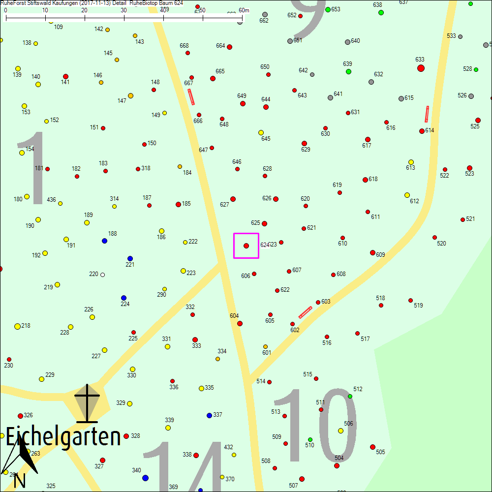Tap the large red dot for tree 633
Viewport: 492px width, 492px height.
421,68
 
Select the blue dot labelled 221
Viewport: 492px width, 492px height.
130,258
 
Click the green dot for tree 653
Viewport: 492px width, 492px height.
328,9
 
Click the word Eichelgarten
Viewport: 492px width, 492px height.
63,437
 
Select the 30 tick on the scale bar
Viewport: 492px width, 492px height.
124,18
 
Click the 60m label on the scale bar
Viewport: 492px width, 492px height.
244,10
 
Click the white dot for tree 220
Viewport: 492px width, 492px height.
102,275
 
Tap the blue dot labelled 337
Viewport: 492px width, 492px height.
209,415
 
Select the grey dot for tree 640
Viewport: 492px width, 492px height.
347,42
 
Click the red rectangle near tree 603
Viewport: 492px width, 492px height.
306,312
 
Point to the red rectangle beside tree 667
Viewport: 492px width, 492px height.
191,96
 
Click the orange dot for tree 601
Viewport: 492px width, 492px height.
265,346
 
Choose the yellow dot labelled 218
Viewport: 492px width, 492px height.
17,326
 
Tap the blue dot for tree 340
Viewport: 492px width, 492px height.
145,478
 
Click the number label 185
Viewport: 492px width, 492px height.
186,203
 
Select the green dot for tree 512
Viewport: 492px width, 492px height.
350,396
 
